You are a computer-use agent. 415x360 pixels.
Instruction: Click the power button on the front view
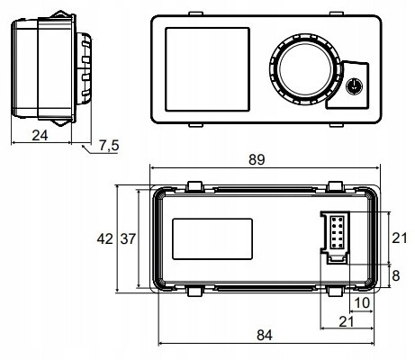point(355,86)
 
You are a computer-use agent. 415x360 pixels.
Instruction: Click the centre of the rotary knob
point(305,69)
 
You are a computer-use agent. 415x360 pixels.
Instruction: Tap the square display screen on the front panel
point(207,69)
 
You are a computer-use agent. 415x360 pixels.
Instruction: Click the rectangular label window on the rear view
point(212,238)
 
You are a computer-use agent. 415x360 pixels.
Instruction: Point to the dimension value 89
point(257,159)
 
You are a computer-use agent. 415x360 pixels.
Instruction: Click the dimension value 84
point(265,335)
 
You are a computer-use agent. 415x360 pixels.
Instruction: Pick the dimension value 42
point(105,238)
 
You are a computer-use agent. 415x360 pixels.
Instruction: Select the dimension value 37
point(128,239)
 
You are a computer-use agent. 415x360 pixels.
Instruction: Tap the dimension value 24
point(40,136)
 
